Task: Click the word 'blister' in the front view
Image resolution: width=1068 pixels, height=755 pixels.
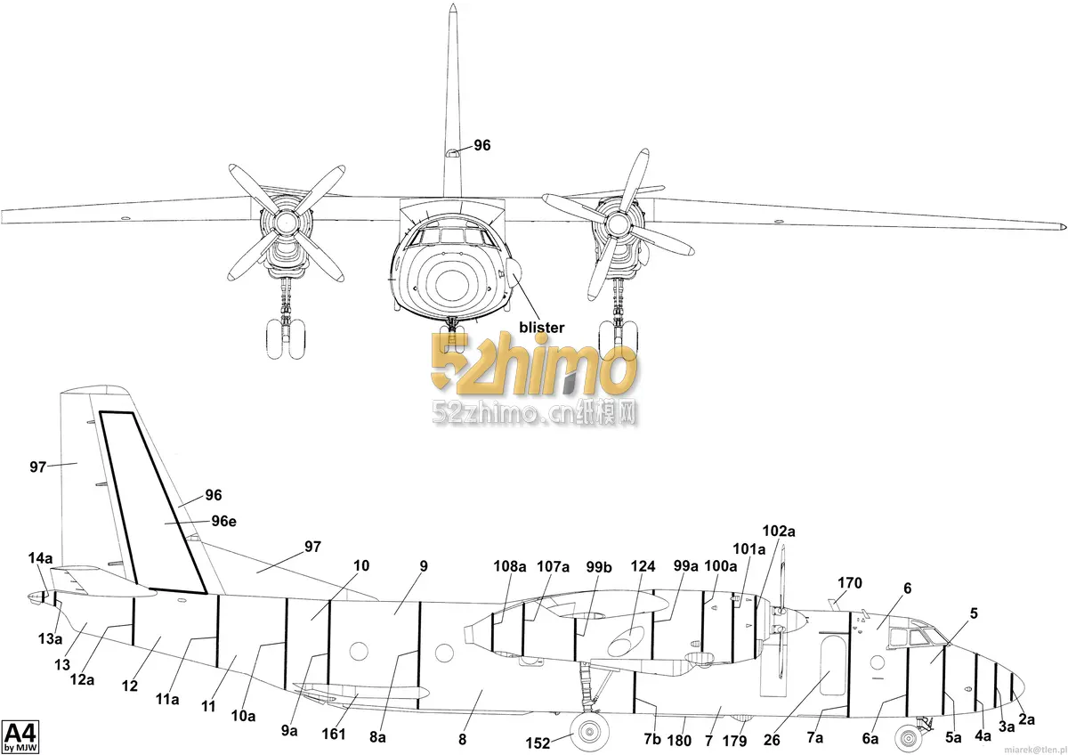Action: click(542, 328)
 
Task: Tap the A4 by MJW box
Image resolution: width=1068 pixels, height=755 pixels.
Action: click(20, 737)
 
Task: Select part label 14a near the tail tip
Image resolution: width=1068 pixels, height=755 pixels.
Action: click(41, 558)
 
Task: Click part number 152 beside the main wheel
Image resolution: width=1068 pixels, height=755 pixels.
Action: click(538, 743)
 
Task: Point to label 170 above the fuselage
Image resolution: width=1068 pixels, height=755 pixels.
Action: click(850, 583)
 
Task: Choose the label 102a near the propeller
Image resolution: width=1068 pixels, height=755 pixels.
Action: click(779, 531)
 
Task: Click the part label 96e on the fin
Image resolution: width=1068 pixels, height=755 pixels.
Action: click(223, 522)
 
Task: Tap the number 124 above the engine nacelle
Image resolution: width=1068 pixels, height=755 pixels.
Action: click(643, 566)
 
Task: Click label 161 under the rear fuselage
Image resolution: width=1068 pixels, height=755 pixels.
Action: click(333, 734)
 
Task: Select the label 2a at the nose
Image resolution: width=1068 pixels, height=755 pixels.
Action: click(1026, 719)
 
